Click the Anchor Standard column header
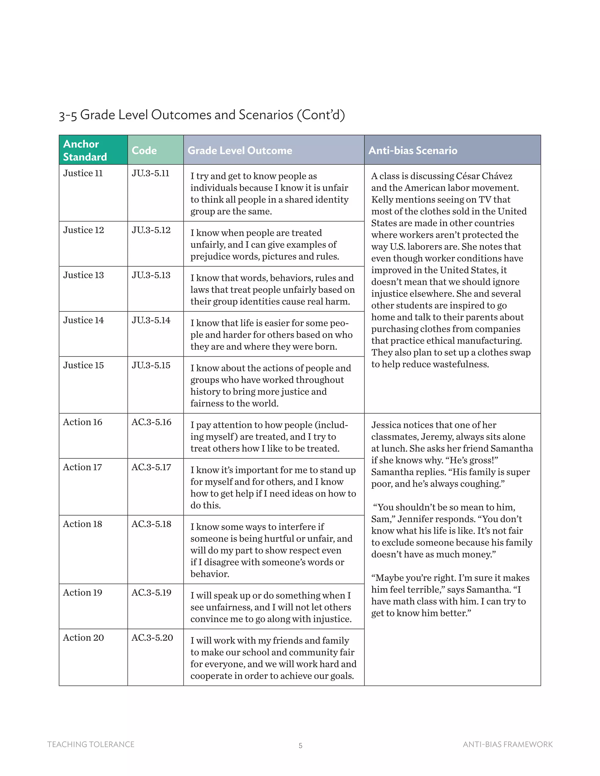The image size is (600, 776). [85, 150]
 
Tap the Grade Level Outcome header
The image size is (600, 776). [240, 150]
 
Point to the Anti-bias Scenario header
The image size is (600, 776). [413, 150]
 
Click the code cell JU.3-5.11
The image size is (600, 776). [150, 173]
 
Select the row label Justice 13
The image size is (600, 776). [83, 275]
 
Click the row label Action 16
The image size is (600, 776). [82, 422]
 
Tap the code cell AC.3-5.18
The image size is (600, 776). [151, 524]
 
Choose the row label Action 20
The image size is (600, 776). [83, 638]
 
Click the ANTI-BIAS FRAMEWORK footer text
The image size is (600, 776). [508, 744]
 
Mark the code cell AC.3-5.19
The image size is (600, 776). [151, 593]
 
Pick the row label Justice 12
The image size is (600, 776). [83, 230]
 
